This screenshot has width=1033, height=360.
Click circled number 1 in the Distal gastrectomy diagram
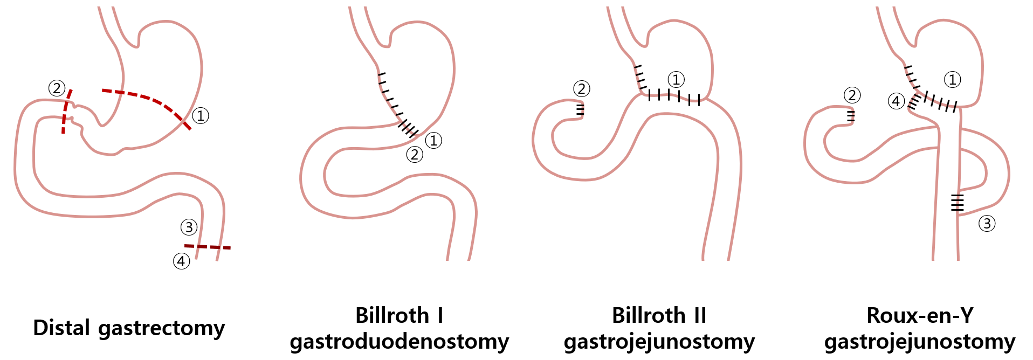point(201,115)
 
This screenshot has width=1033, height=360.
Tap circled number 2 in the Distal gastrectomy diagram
point(57,88)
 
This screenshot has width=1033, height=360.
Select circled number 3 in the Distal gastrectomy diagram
point(189,227)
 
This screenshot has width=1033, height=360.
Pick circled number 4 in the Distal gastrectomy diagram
point(181,261)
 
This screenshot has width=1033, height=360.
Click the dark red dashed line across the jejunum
point(208,247)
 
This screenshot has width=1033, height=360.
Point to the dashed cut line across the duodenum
point(66,112)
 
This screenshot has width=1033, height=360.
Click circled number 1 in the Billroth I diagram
point(433,141)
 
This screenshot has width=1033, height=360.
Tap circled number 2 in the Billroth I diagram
point(414,155)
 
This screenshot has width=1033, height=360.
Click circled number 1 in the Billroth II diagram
point(676,80)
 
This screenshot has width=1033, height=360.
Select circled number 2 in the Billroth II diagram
point(581,89)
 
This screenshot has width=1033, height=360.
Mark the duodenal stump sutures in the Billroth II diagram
point(580,109)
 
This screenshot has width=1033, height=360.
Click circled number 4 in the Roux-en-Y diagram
point(896,101)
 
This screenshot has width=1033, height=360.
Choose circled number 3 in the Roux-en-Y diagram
point(987,224)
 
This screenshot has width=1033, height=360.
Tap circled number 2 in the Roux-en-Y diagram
point(852,95)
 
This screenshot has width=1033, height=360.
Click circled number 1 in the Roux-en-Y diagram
point(952,80)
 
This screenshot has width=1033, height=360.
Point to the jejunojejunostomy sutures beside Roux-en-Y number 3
point(957,202)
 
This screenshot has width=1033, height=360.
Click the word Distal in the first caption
point(61,328)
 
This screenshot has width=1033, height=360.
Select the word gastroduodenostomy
point(400,342)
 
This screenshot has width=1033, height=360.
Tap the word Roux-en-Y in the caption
point(920,315)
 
